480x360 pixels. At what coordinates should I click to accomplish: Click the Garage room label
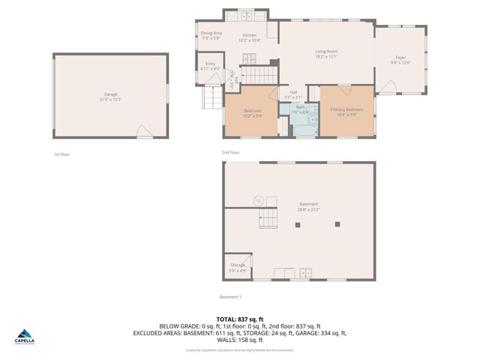(x=110, y=95)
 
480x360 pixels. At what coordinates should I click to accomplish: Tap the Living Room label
(x=326, y=51)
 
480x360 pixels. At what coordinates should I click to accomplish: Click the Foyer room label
(x=401, y=58)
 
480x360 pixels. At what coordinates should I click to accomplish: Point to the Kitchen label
(x=250, y=35)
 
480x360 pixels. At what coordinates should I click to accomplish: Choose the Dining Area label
(x=211, y=33)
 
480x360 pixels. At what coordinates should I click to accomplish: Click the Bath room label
(x=300, y=107)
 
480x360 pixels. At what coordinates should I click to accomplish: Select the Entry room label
(x=211, y=64)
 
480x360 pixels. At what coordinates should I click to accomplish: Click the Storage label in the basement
(x=237, y=265)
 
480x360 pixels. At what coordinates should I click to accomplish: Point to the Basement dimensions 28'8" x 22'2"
(x=308, y=210)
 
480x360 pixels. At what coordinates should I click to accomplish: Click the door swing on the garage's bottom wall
(x=145, y=132)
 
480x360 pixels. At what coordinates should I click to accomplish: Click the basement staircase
(x=268, y=220)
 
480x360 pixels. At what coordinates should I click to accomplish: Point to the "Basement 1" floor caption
(x=229, y=297)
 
